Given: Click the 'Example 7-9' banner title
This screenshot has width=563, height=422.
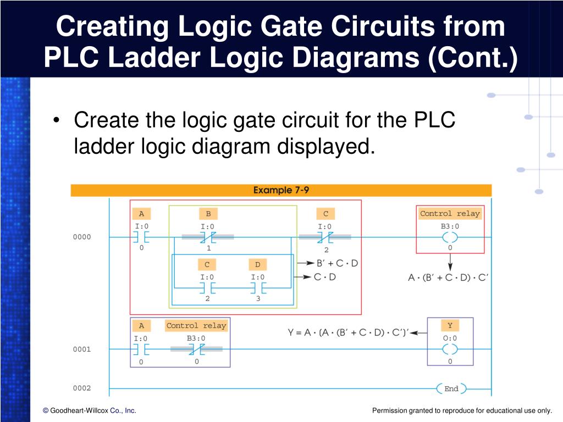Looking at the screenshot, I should point(281,190).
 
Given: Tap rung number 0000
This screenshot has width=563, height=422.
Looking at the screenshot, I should point(82,237).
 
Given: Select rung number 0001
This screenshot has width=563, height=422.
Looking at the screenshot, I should point(82,349).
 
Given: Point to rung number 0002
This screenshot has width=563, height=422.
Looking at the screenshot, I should point(82,388).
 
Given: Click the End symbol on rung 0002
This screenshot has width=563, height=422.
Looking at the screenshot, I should point(451,388).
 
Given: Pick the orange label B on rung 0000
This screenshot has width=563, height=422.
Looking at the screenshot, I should point(208,214).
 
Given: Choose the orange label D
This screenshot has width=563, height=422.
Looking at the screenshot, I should point(257,265).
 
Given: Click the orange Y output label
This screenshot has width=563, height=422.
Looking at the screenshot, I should point(450,325).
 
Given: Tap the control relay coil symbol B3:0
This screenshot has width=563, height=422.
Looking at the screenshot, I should point(450,237).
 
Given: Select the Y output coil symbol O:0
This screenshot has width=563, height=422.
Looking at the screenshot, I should point(450,349).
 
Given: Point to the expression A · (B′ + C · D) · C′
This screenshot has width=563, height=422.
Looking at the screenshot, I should point(448,277).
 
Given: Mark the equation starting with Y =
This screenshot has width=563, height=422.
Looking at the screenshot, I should point(348,332).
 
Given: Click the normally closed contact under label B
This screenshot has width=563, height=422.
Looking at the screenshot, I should point(208,237).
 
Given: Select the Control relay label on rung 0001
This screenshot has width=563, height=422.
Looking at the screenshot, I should point(196,325).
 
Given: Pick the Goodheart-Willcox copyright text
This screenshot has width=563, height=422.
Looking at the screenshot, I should point(90,410).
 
